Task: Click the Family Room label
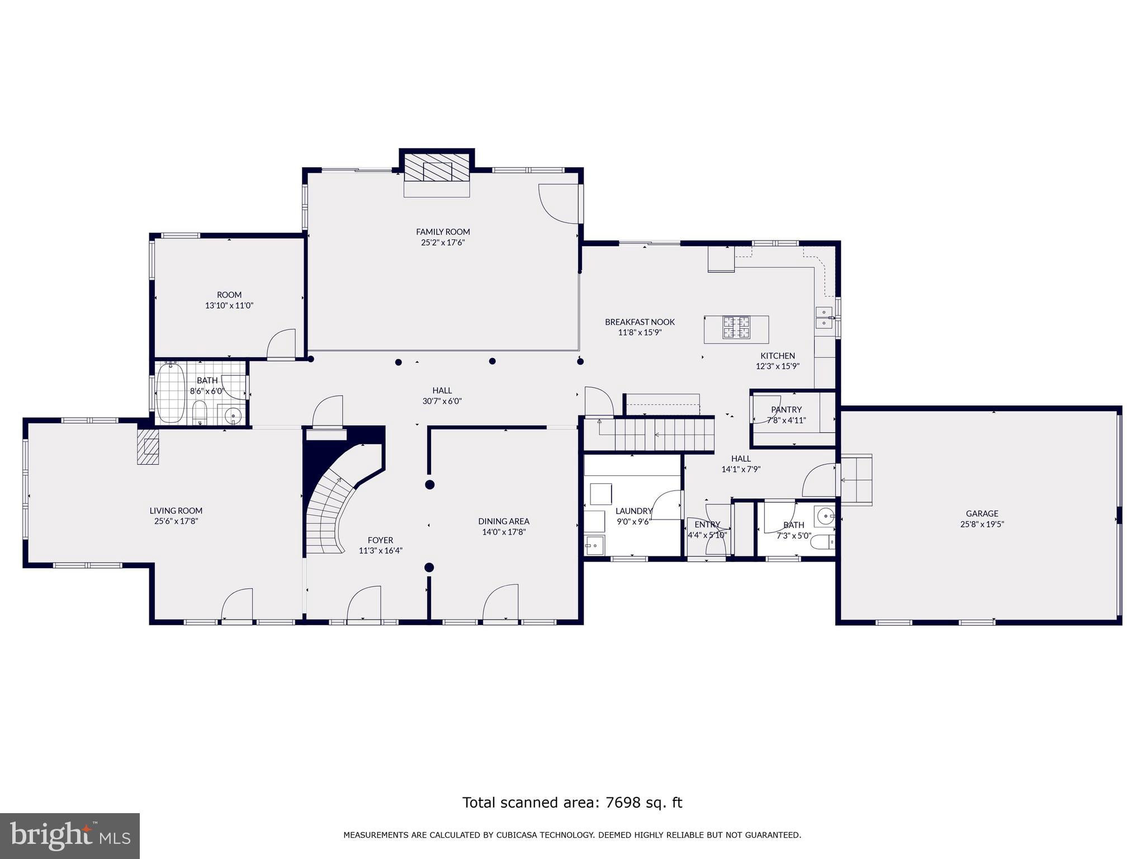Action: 443,232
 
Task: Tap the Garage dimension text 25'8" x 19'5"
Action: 982,525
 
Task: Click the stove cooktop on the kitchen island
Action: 736,328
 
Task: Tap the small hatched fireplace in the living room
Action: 148,447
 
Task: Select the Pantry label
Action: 786,409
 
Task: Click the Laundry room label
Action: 633,511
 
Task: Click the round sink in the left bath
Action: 233,416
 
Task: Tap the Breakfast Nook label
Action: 640,322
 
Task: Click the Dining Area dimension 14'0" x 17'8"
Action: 504,532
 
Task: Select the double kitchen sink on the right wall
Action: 823,318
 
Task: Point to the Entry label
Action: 707,525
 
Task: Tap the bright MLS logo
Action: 70,836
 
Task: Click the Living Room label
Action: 176,511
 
